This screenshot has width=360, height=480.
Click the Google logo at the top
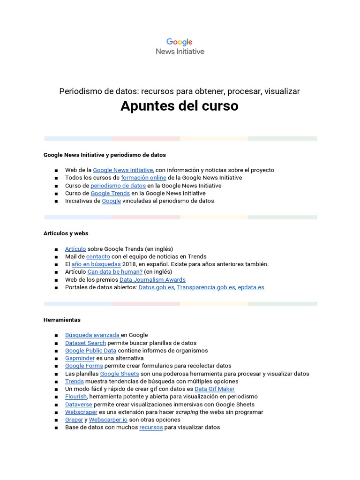pyautogui.click(x=180, y=42)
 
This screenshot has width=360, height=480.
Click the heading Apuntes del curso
pyautogui.click(x=180, y=106)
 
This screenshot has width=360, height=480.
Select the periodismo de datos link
pyautogui.click(x=118, y=186)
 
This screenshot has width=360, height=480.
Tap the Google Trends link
pyautogui.click(x=110, y=193)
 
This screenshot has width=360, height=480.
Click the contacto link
pyautogui.click(x=98, y=256)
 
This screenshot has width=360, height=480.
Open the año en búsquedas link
pyautogui.click(x=96, y=264)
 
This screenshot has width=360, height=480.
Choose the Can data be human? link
pyautogui.click(x=115, y=271)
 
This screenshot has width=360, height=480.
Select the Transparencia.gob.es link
pyautogui.click(x=206, y=287)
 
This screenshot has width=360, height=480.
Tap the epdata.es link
pyautogui.click(x=251, y=287)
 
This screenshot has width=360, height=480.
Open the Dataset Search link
pyautogui.click(x=85, y=343)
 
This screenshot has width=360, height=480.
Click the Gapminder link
pyautogui.click(x=80, y=358)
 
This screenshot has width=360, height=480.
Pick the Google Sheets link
pyautogui.click(x=120, y=374)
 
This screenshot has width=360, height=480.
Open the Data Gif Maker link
pyautogui.click(x=214, y=389)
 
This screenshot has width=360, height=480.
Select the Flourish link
pyautogui.click(x=76, y=397)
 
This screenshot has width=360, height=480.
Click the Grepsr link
pyautogui.click(x=74, y=420)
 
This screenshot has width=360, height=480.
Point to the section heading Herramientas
pyautogui.click(x=62, y=320)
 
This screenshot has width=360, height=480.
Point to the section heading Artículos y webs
pyautogui.click(x=66, y=233)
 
